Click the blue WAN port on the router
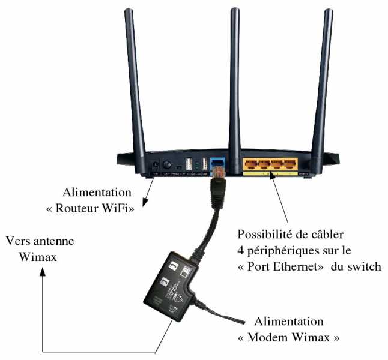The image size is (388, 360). tap(217, 163)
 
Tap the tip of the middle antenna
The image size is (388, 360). tap(234, 10)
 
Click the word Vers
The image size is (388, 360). tap(17, 241)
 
